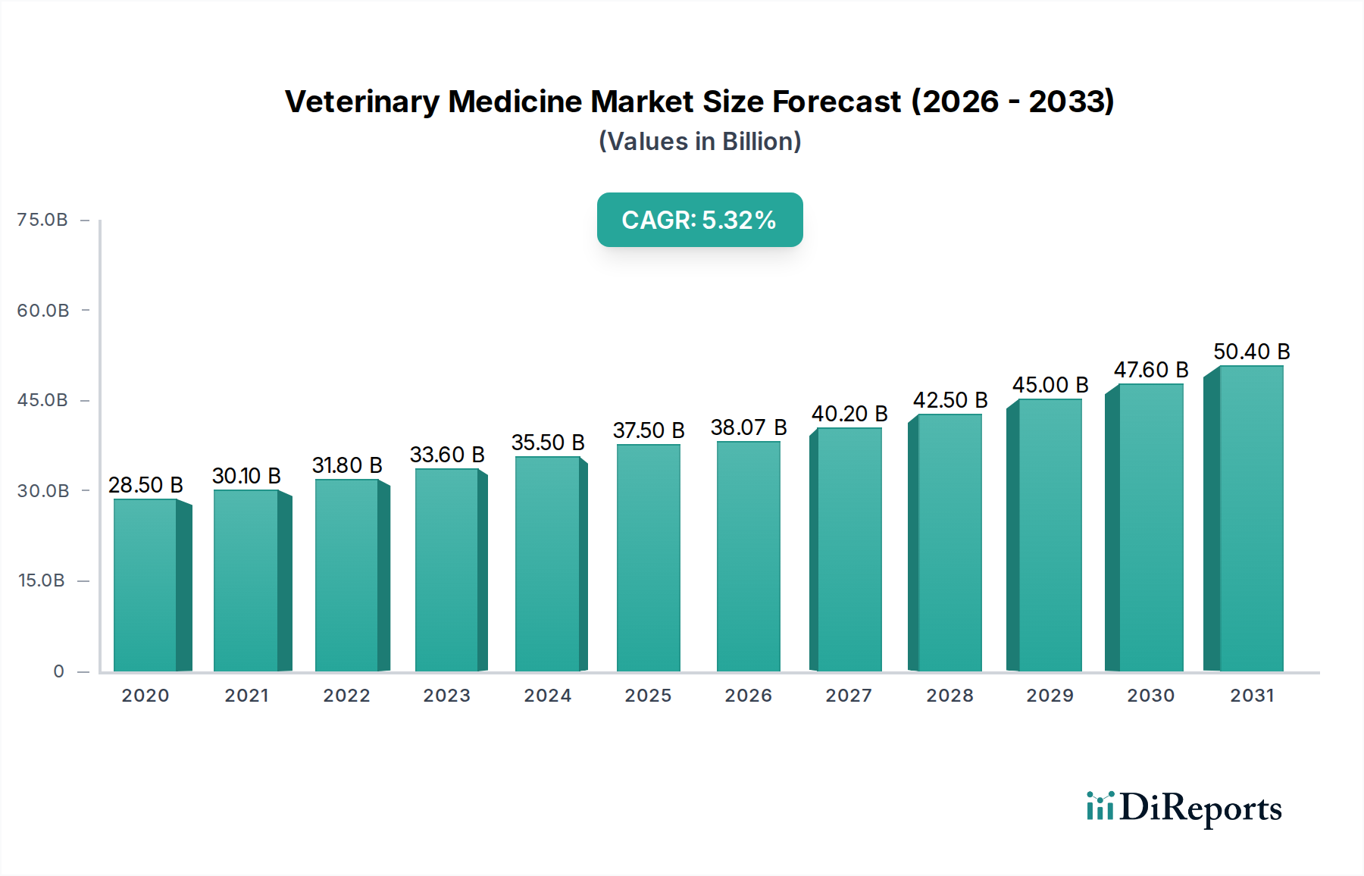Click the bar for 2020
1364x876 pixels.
click(145, 585)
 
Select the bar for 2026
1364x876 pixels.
click(748, 556)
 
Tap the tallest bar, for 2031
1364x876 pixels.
click(1250, 518)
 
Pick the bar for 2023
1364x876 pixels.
click(447, 570)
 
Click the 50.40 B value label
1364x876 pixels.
click(1251, 352)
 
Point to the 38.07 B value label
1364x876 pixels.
click(748, 427)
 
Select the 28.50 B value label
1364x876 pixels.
click(145, 485)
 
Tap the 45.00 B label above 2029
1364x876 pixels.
click(1050, 385)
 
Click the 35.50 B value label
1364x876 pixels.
click(547, 443)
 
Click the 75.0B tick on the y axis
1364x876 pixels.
click(42, 220)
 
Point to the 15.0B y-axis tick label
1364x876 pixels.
click(42, 580)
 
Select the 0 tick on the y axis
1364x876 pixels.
click(58, 671)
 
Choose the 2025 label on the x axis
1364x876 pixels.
click(648, 696)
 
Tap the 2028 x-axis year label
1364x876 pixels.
click(949, 696)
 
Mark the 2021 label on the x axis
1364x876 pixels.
click(246, 696)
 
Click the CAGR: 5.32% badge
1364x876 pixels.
click(699, 220)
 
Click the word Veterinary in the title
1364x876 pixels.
click(361, 102)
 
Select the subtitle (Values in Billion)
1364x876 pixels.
click(699, 142)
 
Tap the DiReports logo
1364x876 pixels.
click(1184, 808)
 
